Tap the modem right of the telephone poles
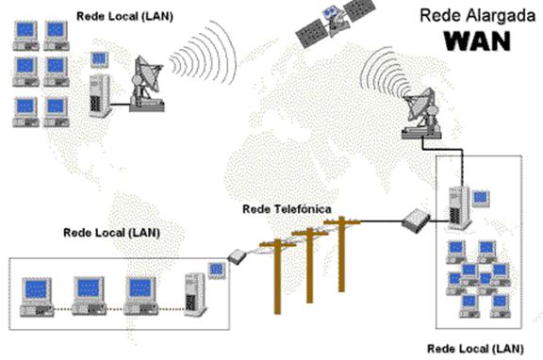416,222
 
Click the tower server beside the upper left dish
99,94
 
